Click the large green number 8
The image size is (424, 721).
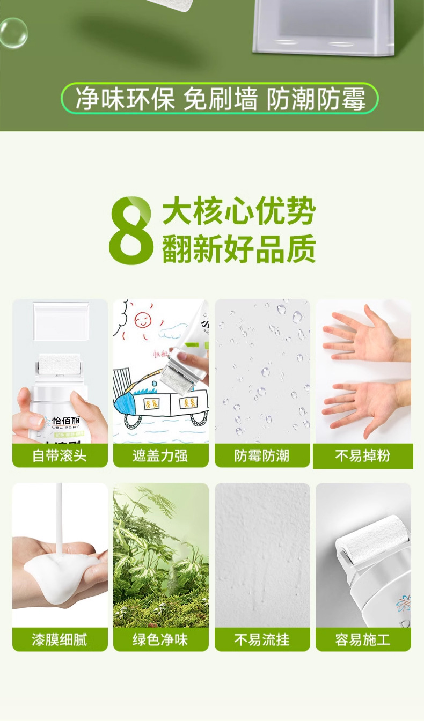click(x=131, y=231)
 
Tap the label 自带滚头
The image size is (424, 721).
click(x=60, y=456)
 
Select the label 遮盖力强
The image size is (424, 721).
click(x=160, y=456)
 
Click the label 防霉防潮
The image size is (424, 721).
click(x=262, y=456)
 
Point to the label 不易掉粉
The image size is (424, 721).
click(x=363, y=456)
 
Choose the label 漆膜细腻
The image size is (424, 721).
click(x=60, y=639)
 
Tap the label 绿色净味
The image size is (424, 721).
click(x=160, y=639)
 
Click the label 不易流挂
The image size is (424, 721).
click(x=262, y=639)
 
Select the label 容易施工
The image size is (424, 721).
click(x=363, y=639)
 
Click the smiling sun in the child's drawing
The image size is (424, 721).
click(x=142, y=320)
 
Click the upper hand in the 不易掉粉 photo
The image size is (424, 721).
click(x=362, y=333)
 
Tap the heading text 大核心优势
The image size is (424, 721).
click(x=239, y=212)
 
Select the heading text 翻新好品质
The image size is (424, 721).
click(x=239, y=248)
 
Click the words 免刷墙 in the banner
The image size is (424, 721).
click(x=220, y=99)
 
